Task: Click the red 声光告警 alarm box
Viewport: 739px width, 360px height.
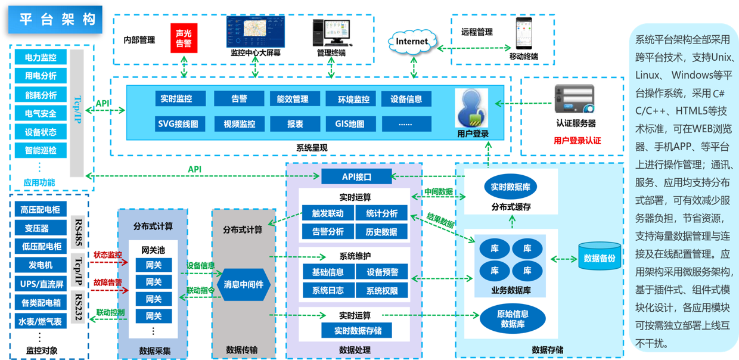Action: pyautogui.click(x=184, y=38)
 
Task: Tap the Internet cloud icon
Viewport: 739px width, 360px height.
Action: pyautogui.click(x=412, y=42)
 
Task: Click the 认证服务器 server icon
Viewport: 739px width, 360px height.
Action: pyautogui.click(x=575, y=100)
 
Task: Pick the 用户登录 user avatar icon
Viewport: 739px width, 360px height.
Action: pyautogui.click(x=472, y=108)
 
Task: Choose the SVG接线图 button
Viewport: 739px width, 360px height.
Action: pyautogui.click(x=182, y=124)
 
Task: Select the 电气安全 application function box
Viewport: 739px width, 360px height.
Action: pyautogui.click(x=41, y=113)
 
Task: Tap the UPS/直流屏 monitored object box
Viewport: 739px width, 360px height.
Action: pyautogui.click(x=41, y=284)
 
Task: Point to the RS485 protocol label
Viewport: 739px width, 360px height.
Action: pyautogui.click(x=77, y=231)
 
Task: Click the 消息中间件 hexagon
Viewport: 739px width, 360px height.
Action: pyautogui.click(x=243, y=284)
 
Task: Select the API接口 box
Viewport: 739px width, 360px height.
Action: pyautogui.click(x=356, y=176)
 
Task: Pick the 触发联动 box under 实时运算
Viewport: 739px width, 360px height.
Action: pyautogui.click(x=327, y=213)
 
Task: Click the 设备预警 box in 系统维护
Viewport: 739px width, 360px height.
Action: pyautogui.click(x=382, y=272)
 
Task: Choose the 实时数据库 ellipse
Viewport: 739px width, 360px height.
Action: pyautogui.click(x=511, y=187)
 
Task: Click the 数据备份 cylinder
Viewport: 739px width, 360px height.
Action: pyautogui.click(x=599, y=258)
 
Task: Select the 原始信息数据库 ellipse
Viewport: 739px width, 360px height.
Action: pyautogui.click(x=513, y=319)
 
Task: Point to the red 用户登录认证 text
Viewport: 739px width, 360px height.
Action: pyautogui.click(x=577, y=141)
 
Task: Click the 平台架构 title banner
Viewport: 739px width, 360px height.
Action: pyautogui.click(x=57, y=20)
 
